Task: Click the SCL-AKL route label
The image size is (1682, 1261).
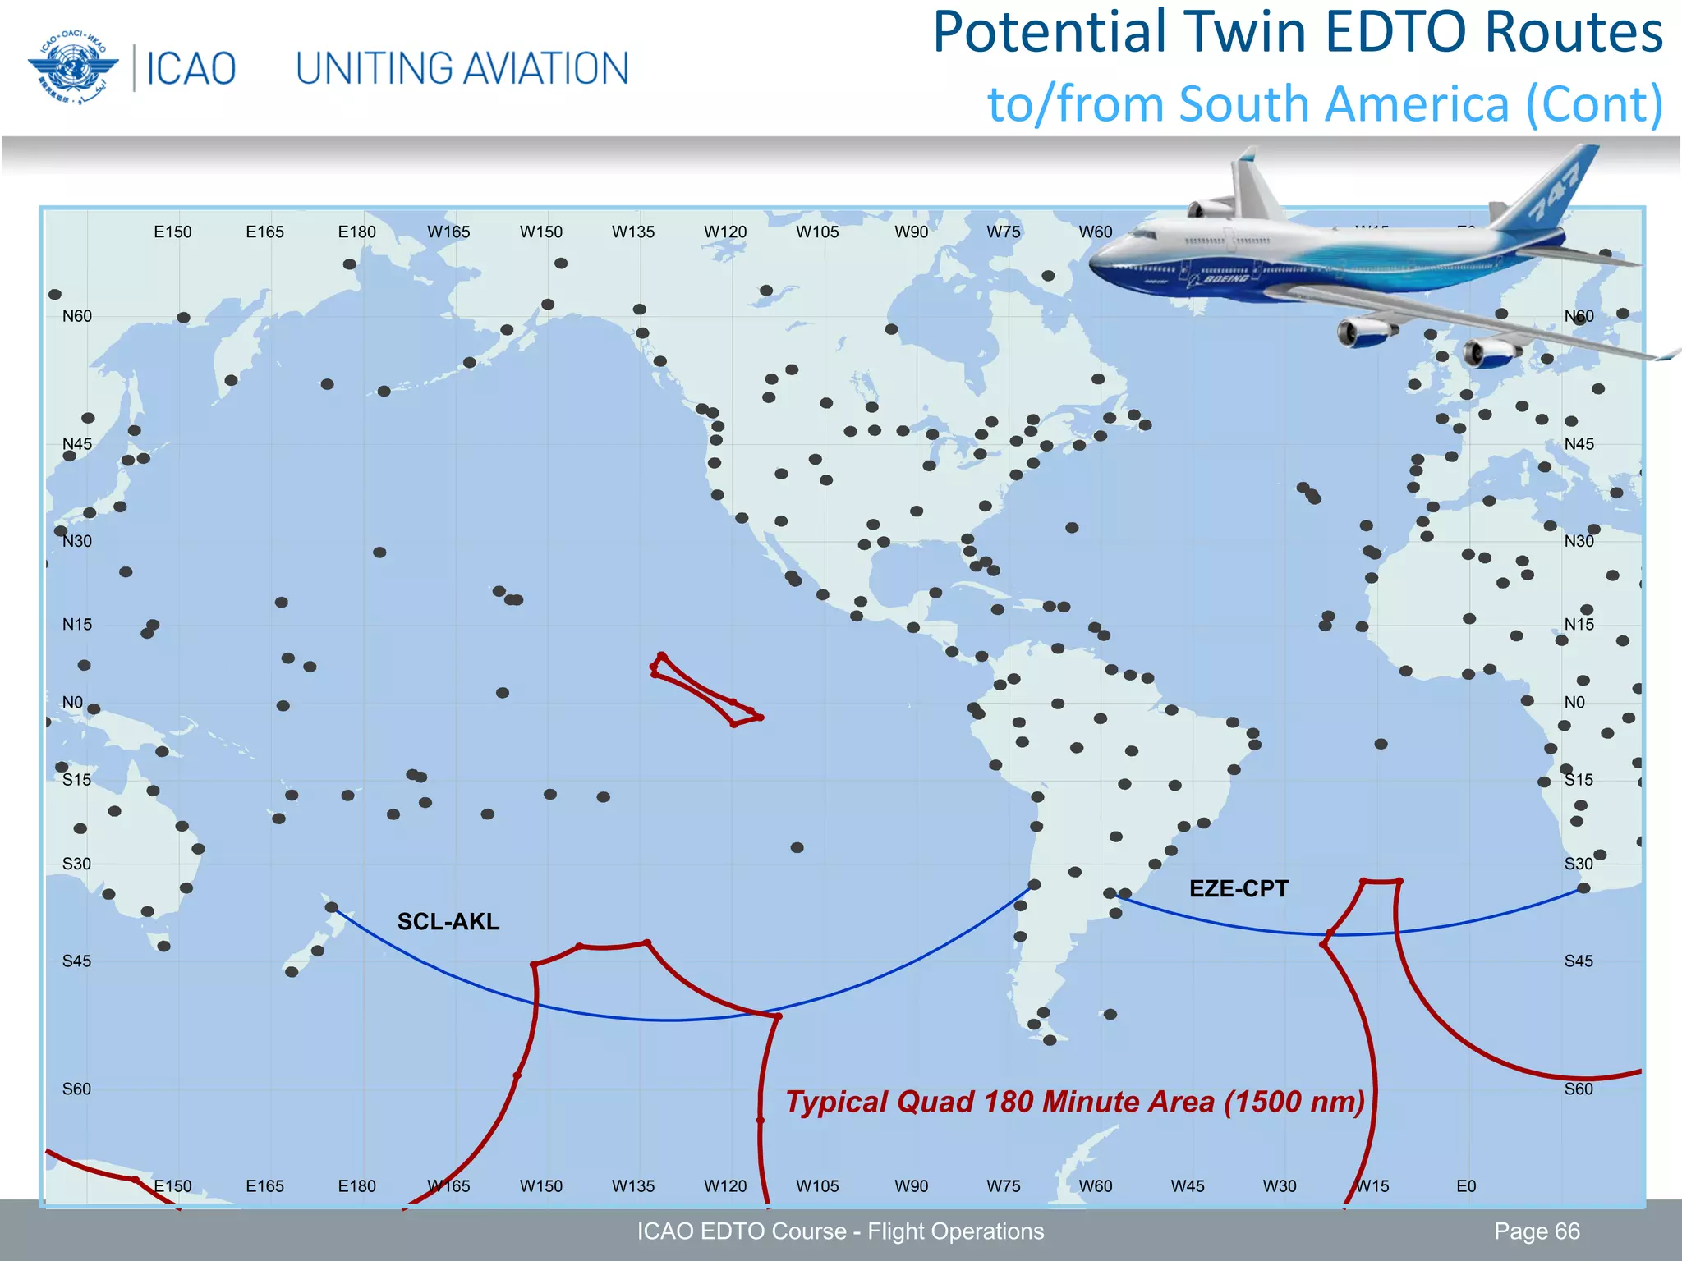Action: click(448, 922)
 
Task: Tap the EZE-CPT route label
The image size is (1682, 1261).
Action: click(1239, 889)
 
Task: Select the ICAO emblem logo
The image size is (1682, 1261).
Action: click(73, 68)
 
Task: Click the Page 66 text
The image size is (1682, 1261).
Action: click(1537, 1231)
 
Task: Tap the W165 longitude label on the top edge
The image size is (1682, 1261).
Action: click(448, 232)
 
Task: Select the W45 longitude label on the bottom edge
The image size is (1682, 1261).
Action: click(1188, 1186)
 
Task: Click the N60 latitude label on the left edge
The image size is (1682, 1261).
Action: click(77, 317)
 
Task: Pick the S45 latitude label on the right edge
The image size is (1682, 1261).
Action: click(1579, 961)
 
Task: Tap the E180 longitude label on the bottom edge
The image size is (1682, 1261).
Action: click(356, 1186)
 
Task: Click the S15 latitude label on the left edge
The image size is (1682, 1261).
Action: click(77, 780)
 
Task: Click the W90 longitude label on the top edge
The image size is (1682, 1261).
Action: click(911, 232)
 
